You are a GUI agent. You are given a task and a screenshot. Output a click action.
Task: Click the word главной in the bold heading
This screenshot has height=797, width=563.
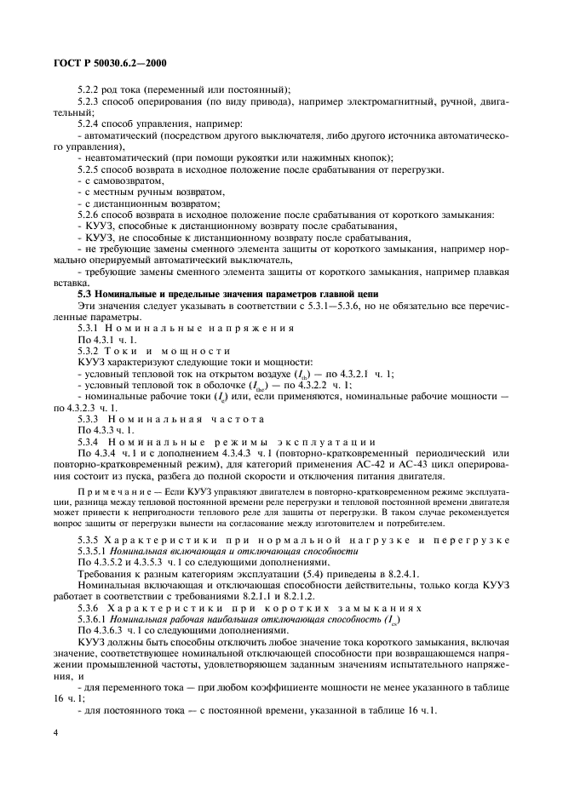(328, 294)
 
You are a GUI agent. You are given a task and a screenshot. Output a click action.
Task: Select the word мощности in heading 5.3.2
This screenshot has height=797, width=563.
(198, 350)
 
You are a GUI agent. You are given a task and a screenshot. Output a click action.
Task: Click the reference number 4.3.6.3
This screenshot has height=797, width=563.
(111, 630)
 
